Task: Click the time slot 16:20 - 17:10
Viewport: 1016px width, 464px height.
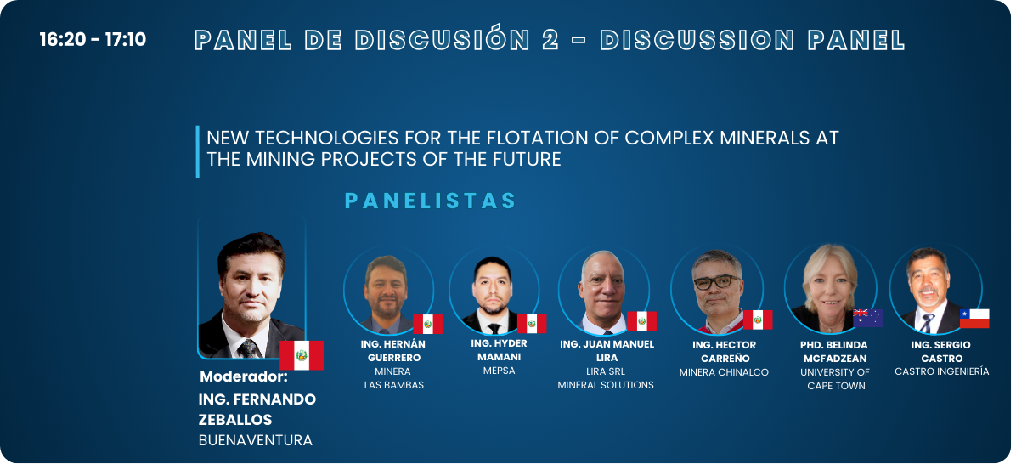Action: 93,40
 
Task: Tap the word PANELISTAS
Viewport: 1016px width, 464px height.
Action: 430,201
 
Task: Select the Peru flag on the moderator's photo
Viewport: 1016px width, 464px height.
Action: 302,355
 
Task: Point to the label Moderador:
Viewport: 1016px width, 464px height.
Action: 244,376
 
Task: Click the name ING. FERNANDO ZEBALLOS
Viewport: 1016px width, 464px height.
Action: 257,410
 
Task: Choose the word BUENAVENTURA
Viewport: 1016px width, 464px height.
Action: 256,441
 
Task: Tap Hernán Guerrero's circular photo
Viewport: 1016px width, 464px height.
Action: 389,290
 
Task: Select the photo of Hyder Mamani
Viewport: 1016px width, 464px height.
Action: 494,290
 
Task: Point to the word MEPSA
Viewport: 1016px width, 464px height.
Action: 499,371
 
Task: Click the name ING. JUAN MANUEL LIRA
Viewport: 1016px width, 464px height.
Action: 607,351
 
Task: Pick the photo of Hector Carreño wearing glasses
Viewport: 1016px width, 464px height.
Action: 717,290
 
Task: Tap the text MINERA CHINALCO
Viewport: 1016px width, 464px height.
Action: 724,372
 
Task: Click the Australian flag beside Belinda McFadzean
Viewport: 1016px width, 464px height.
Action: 867,318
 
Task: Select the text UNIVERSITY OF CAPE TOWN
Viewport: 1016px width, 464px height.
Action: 835,379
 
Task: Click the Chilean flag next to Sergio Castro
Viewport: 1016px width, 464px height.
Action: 974,319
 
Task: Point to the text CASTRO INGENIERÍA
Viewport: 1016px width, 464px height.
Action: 941,372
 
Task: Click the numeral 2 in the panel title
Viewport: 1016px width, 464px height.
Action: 550,41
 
